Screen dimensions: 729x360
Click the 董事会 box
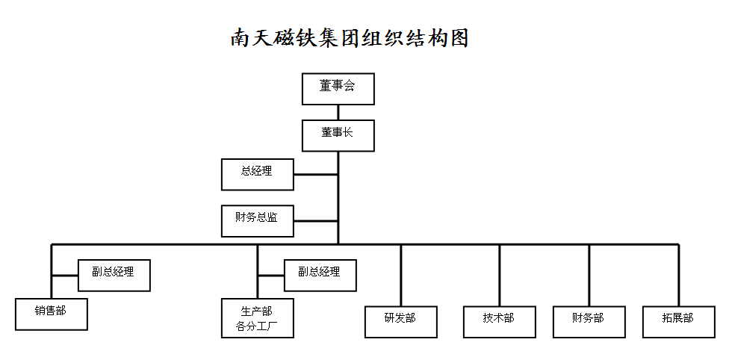338,89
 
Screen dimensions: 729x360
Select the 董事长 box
338,135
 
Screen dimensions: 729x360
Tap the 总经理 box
257,175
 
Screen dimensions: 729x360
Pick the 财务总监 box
257,221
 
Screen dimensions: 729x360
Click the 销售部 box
51,314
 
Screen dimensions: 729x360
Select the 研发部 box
401,322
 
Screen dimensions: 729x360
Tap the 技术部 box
500,322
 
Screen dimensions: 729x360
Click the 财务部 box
589,322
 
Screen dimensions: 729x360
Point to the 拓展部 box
679,322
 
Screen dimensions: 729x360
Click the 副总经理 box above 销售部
114,276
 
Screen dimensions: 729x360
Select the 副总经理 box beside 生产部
320,276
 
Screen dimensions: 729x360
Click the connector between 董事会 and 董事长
338,112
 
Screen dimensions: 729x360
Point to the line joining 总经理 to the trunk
316,175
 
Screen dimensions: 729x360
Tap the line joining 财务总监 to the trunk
316,221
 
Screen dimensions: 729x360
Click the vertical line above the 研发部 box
401,276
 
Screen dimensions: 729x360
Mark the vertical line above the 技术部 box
500,276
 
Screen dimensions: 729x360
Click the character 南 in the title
241,37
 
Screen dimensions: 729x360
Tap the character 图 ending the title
457,37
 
